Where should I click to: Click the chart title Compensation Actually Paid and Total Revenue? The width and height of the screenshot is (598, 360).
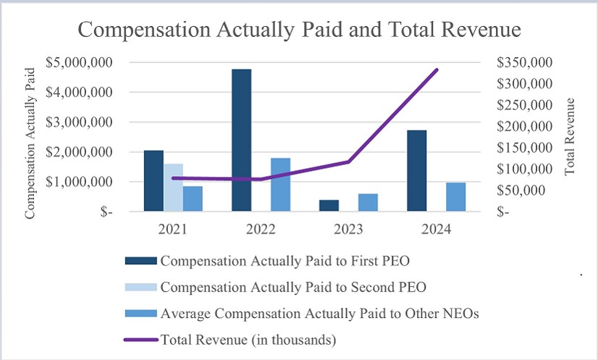(x=299, y=30)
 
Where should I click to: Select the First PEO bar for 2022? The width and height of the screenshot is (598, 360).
(x=241, y=141)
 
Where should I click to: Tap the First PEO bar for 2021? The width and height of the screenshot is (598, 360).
(x=153, y=181)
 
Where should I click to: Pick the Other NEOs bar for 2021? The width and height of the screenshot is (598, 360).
(x=193, y=199)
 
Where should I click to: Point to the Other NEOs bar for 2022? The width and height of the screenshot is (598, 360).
(x=280, y=185)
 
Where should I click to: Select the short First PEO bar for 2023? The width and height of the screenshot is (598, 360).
(x=329, y=206)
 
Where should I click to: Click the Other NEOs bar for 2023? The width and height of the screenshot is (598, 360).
(x=368, y=203)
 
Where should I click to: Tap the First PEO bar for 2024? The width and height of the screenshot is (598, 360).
(x=417, y=171)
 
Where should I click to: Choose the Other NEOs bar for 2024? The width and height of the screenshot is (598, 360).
(x=455, y=197)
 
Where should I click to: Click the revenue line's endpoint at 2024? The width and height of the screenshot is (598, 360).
(x=437, y=70)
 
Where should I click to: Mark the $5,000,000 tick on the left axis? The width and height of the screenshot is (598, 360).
(x=78, y=62)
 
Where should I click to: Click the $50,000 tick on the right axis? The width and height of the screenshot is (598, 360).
(x=527, y=191)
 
